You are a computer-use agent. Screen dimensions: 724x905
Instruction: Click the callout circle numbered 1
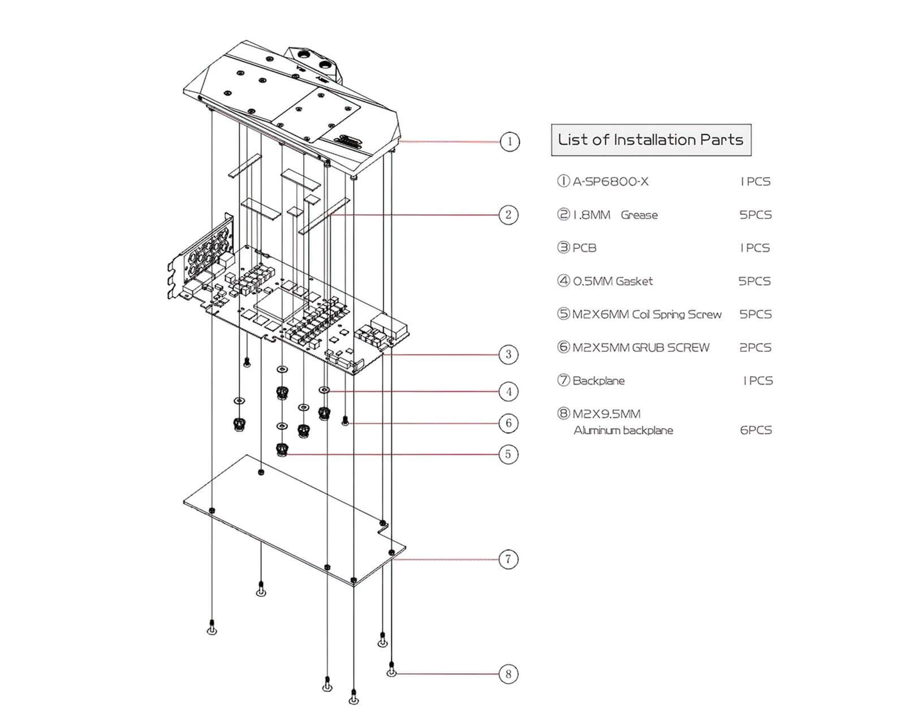pos(510,141)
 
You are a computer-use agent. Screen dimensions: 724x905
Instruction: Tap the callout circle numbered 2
pos(508,214)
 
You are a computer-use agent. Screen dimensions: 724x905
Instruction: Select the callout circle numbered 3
pos(508,354)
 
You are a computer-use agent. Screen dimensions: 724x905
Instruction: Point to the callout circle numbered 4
pos(508,391)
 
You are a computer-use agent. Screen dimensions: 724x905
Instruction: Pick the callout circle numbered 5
pos(508,454)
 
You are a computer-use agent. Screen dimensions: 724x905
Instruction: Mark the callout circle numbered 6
pos(508,423)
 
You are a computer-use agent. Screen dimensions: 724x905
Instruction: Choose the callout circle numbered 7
pos(508,559)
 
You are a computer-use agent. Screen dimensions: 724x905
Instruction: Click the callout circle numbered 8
pos(508,674)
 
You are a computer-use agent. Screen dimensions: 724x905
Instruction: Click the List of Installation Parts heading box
pos(650,140)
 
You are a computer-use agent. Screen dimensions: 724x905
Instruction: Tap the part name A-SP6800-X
pos(610,182)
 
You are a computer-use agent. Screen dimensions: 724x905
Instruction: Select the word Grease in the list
pos(639,215)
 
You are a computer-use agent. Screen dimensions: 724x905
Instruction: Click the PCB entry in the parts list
pos(584,248)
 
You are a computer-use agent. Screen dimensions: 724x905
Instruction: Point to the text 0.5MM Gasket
pos(613,281)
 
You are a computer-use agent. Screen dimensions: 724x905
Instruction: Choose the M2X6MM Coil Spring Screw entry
pos(647,314)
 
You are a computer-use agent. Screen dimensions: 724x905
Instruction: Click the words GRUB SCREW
pos(670,348)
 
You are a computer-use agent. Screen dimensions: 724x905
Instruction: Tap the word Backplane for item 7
pos(598,381)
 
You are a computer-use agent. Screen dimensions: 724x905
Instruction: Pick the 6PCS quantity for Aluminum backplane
pos(756,430)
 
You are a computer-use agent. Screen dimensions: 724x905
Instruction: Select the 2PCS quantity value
pos(755,348)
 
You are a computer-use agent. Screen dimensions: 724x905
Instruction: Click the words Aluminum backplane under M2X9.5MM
pos(623,430)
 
